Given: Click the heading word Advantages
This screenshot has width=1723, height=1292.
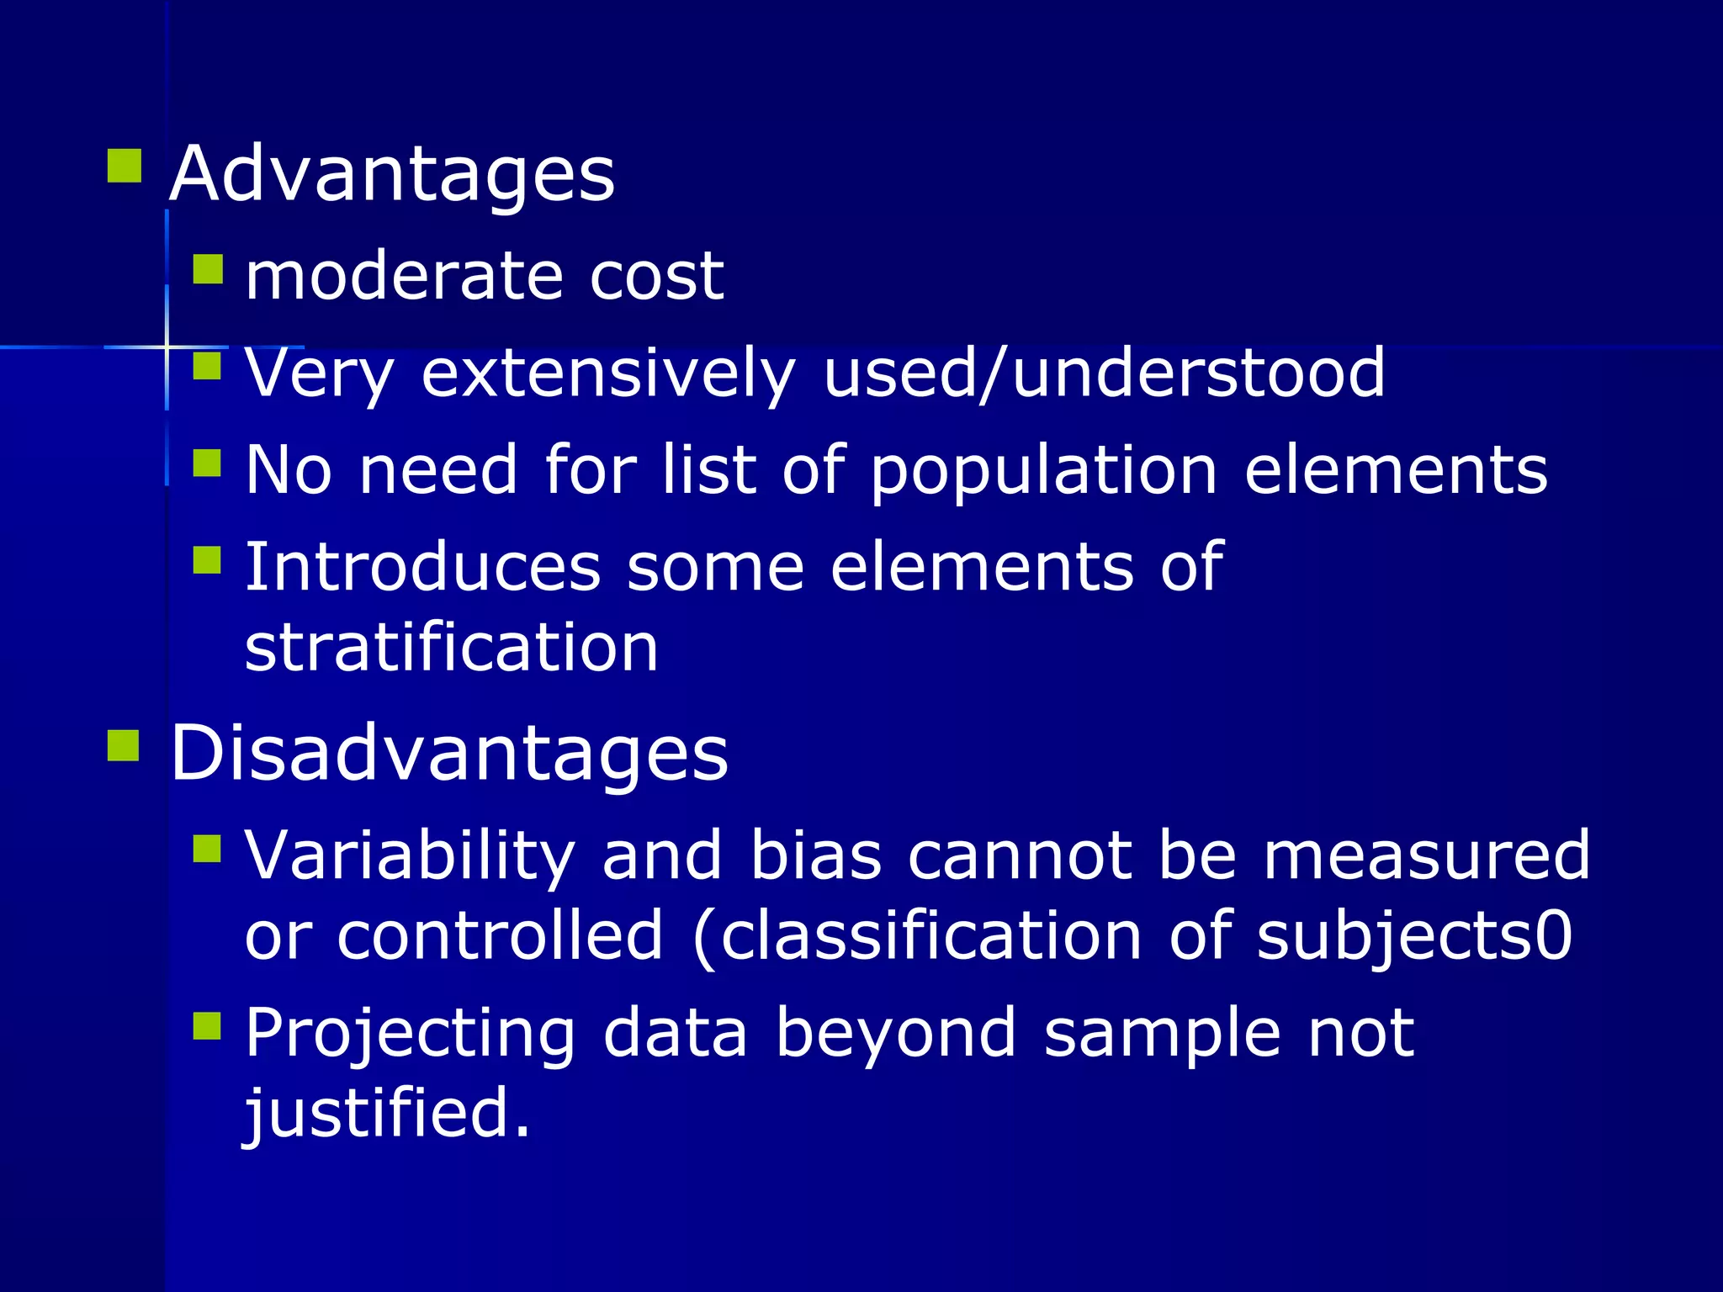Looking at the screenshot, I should pos(392,174).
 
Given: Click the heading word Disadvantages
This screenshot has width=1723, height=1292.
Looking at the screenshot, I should pos(449,753).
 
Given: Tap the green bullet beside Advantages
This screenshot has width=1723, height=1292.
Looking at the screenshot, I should pos(125,166).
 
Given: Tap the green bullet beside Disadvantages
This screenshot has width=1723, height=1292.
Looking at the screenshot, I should pos(124,745).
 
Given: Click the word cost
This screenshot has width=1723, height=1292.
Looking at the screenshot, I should pos(656,278).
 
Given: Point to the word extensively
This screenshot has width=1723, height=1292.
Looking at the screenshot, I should pos(607,373).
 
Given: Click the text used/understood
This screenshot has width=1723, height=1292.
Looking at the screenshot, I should pos(1104,373).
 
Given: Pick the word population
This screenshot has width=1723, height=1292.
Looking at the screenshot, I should pos(1043,471).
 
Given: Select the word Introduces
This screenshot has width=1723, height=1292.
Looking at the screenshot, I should pos(422,568).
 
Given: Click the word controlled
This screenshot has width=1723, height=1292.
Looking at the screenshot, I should pos(500,936).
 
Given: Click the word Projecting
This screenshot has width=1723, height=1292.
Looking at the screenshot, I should pos(411,1035).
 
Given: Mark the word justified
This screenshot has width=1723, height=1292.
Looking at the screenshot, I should pos(387,1114).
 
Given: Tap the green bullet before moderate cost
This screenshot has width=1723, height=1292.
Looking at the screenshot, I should pos(208,270).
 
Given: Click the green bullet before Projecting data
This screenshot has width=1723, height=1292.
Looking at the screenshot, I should pos(207,1026).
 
